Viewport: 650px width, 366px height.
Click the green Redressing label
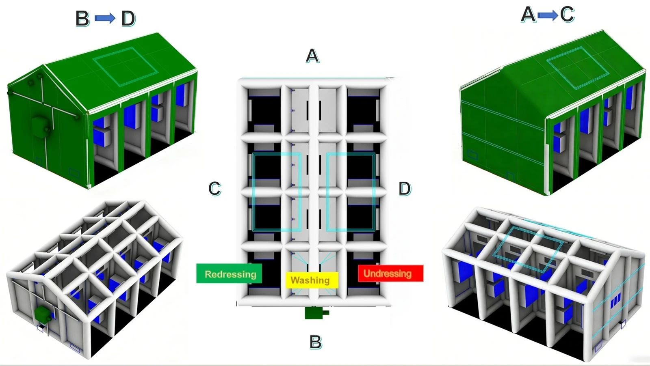point(229,273)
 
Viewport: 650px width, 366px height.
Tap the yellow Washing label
point(312,280)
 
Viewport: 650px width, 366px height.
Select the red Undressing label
point(390,273)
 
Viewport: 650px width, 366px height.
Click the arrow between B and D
point(105,19)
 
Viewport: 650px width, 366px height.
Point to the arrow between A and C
point(548,15)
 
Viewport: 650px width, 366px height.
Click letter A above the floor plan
point(312,56)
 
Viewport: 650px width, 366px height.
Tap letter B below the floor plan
point(315,342)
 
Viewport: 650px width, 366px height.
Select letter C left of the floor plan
point(215,189)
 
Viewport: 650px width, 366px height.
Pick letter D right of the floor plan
point(405,189)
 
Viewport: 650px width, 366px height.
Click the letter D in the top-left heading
point(128,19)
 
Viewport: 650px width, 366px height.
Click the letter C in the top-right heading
point(567,14)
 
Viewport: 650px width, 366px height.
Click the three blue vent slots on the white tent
point(616,300)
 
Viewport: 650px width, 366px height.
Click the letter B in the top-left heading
point(82,19)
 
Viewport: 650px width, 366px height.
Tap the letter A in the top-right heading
point(528,15)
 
